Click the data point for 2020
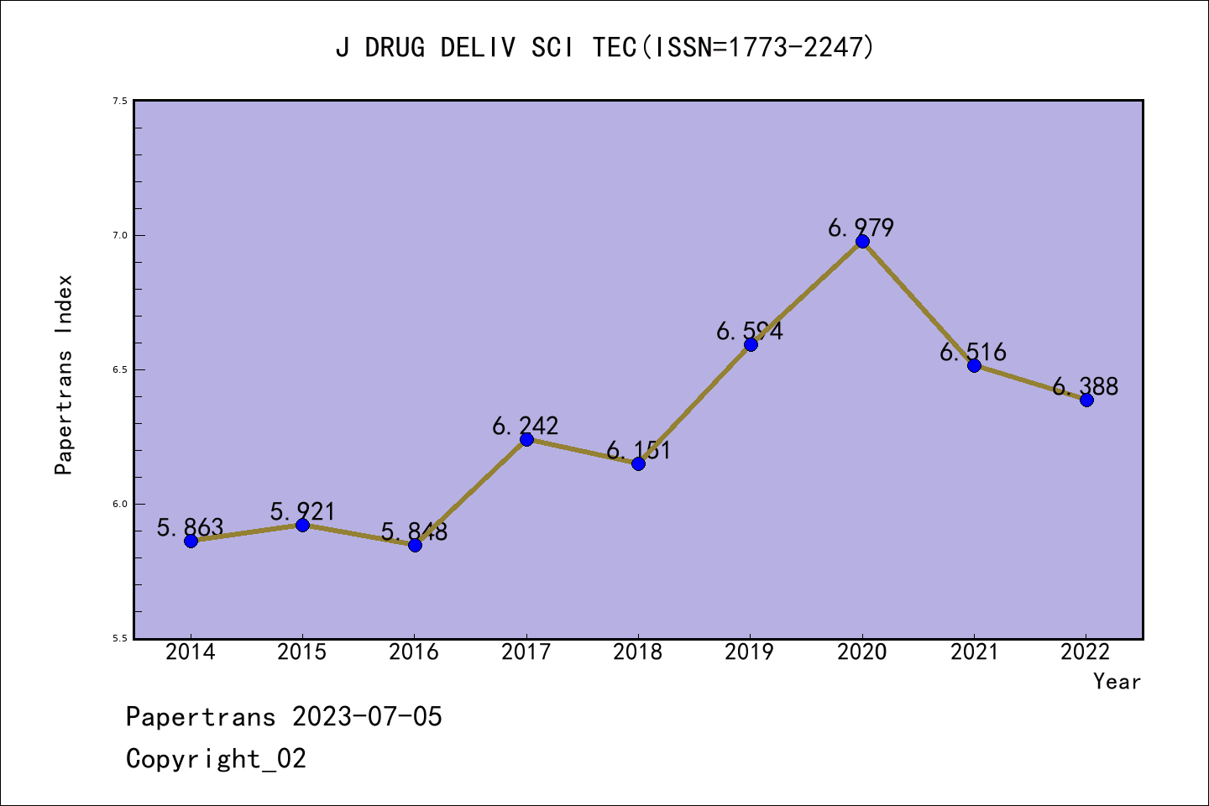862,242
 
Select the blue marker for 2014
191,541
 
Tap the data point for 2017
526,439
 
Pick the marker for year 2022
1086,400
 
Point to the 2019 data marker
751,344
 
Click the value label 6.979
861,228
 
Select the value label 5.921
302,511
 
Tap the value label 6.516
972,352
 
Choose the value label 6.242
525,426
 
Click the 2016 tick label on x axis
414,652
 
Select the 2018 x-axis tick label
638,652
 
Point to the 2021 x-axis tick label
974,652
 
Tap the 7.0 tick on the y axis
120,235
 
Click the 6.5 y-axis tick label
120,369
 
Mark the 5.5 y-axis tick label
120,638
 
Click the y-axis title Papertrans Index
64,374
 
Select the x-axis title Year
1117,682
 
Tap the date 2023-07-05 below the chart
367,717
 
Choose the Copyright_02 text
216,759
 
